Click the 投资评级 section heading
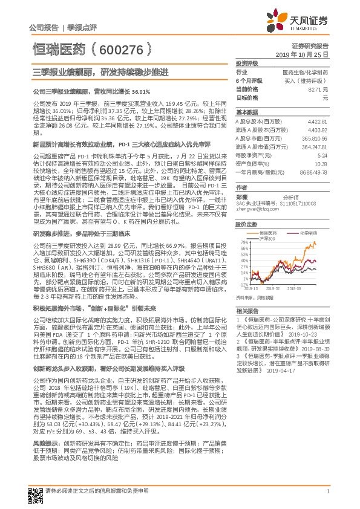[x=246, y=63]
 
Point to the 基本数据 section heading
[x=246, y=112]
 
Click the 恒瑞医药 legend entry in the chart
[x=270, y=232]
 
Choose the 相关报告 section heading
[x=246, y=310]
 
